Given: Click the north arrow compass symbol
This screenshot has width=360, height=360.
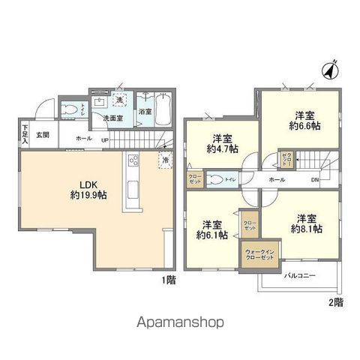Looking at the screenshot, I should (x=328, y=71).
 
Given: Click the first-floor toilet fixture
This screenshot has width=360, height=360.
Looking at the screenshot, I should (x=70, y=109).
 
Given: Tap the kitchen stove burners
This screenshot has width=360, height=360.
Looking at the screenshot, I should (x=133, y=160).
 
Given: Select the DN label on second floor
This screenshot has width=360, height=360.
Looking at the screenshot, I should (x=316, y=181).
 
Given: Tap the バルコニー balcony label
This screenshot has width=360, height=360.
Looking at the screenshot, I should (x=299, y=277).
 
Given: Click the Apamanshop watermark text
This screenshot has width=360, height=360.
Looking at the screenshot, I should (x=180, y=324).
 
